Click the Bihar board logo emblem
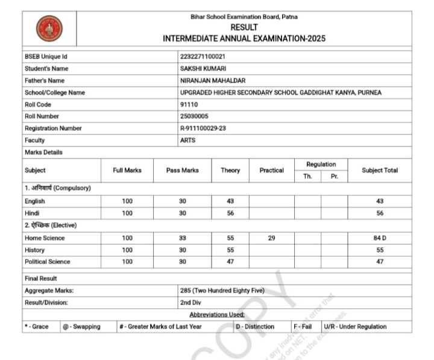tap(49, 28)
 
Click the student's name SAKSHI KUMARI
tap(203, 69)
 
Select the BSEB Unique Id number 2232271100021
tap(203, 57)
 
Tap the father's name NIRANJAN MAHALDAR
tap(213, 81)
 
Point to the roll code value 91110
tap(189, 104)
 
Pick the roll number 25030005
tap(194, 116)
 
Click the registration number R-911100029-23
tap(203, 128)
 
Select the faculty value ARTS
tap(187, 141)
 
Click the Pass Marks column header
tap(182, 171)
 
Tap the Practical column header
tap(271, 171)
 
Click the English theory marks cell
tap(230, 201)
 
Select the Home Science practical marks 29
tap(271, 238)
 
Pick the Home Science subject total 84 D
tap(380, 238)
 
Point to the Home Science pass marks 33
tap(182, 238)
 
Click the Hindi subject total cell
tap(380, 213)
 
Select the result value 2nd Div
tap(191, 302)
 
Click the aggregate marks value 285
tap(222, 290)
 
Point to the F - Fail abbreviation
tap(303, 327)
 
